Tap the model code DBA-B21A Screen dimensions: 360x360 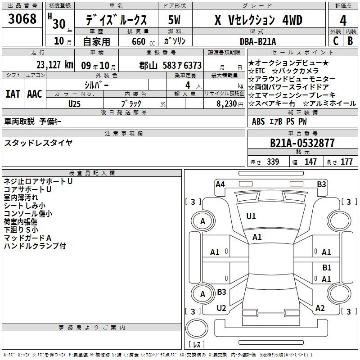point(258,41)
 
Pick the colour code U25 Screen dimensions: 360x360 point(75,103)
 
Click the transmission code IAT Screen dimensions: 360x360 point(13,94)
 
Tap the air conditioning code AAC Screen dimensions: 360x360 point(35,94)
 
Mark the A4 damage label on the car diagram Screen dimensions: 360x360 point(220,184)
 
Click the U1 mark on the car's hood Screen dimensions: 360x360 point(251,216)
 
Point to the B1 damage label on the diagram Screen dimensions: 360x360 point(327,267)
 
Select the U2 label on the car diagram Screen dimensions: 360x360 point(221,308)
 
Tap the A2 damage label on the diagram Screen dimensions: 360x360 point(320,308)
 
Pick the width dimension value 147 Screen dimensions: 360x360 point(310,162)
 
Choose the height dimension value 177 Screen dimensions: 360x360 point(346,162)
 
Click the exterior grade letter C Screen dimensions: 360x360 point(335,41)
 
